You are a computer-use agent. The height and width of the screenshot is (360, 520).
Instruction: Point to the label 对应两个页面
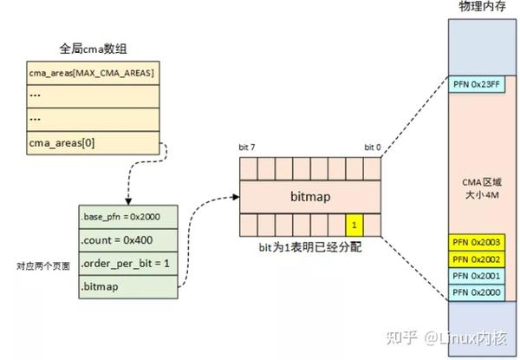tap(40, 265)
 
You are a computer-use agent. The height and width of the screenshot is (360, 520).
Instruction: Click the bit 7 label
tap(248, 148)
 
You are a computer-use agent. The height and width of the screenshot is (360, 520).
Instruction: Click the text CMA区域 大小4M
tap(479, 190)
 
